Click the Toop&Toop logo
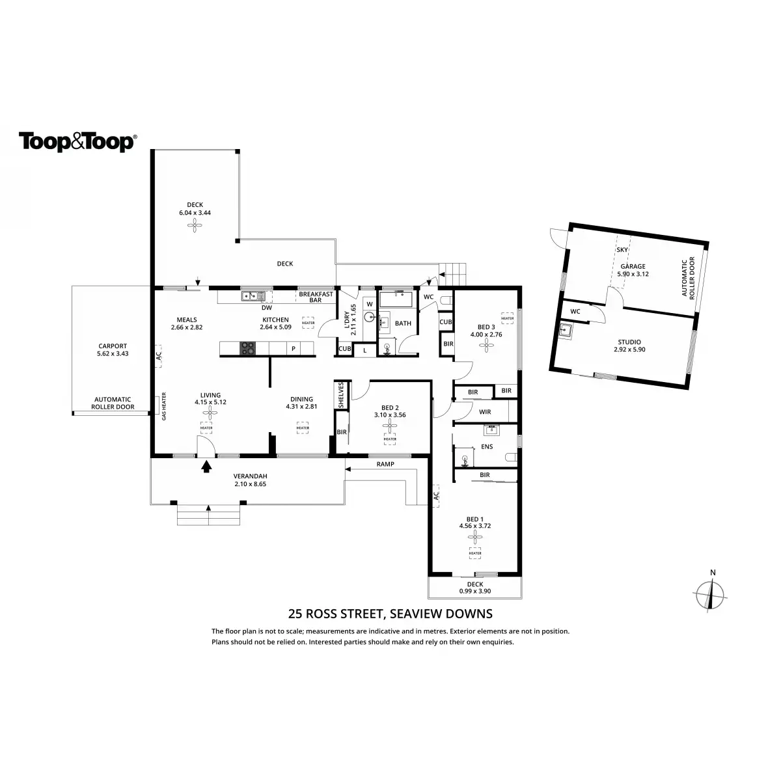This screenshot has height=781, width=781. (77, 142)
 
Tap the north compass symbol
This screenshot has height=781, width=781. (713, 593)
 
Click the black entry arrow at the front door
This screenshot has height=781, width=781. (207, 466)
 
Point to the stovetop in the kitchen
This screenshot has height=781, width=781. (248, 348)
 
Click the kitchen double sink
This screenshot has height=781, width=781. (253, 297)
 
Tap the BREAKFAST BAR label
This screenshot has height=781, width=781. (316, 297)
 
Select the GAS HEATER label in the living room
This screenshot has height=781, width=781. (164, 406)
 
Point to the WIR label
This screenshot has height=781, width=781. (484, 412)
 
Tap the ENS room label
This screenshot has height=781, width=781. (487, 447)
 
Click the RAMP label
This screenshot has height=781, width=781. (385, 465)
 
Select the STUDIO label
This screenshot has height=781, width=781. (629, 342)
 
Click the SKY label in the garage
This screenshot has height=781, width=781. (622, 250)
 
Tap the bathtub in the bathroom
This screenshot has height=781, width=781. (396, 300)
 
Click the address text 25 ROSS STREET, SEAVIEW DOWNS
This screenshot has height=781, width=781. (390, 613)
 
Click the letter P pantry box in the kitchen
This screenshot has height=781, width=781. (294, 348)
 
